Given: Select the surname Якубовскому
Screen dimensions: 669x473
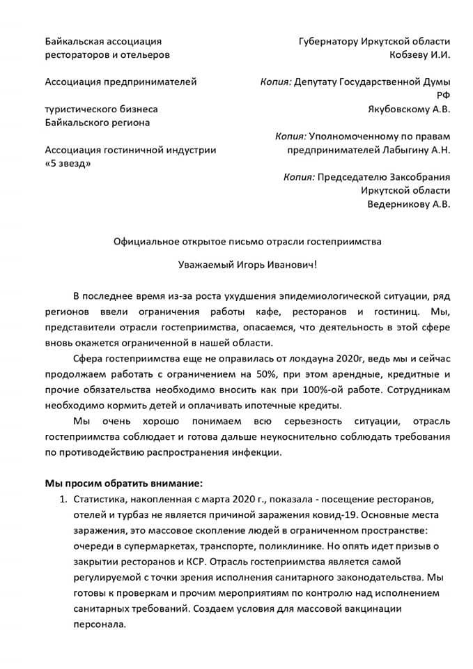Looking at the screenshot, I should tap(399, 109).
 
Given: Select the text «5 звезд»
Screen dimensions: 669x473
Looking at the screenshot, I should tap(67, 162).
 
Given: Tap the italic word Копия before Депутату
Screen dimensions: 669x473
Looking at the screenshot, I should tap(275, 82).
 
